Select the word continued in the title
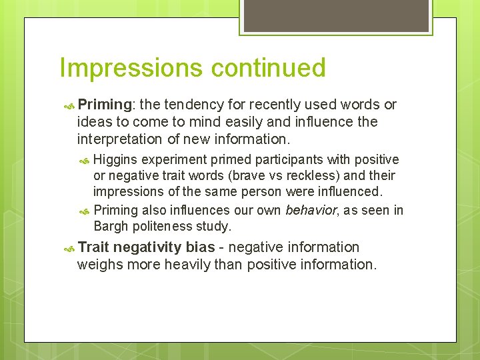click(x=269, y=68)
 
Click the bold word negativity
click(x=147, y=247)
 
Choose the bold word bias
click(x=200, y=247)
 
